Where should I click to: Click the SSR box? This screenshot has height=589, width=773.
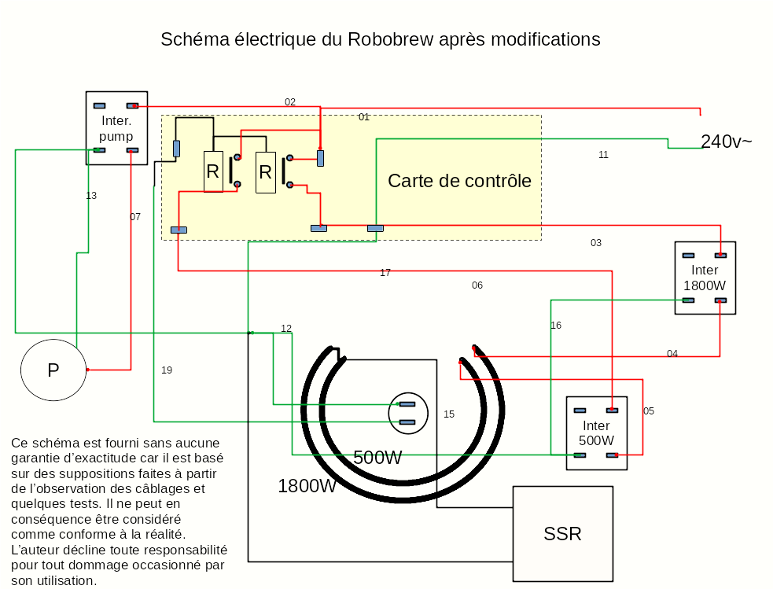pyautogui.click(x=562, y=534)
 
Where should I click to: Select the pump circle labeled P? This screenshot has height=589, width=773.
pyautogui.click(x=53, y=370)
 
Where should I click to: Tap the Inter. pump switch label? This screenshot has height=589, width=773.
pyautogui.click(x=116, y=129)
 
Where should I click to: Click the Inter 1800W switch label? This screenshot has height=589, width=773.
pyautogui.click(x=705, y=278)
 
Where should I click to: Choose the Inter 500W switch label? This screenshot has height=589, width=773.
pyautogui.click(x=596, y=433)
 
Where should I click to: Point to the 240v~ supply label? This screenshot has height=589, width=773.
pyautogui.click(x=726, y=142)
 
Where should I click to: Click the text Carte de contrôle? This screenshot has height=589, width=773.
pyautogui.click(x=459, y=181)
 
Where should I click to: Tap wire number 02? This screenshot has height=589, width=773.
pyautogui.click(x=290, y=102)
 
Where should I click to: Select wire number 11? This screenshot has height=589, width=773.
pyautogui.click(x=603, y=155)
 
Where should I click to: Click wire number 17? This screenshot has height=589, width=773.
pyautogui.click(x=385, y=273)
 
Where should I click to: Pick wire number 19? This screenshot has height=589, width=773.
pyautogui.click(x=167, y=370)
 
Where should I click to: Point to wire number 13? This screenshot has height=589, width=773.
pyautogui.click(x=91, y=196)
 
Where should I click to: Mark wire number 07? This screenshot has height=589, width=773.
pyautogui.click(x=135, y=217)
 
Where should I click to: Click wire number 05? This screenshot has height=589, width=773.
pyautogui.click(x=649, y=411)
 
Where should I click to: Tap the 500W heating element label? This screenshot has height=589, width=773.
pyautogui.click(x=377, y=458)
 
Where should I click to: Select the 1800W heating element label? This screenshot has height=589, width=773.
pyautogui.click(x=307, y=486)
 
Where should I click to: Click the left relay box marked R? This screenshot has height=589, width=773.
pyautogui.click(x=213, y=171)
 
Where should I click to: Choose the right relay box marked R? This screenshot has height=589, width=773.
pyautogui.click(x=266, y=171)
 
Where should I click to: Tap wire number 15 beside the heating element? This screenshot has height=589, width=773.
pyautogui.click(x=449, y=414)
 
